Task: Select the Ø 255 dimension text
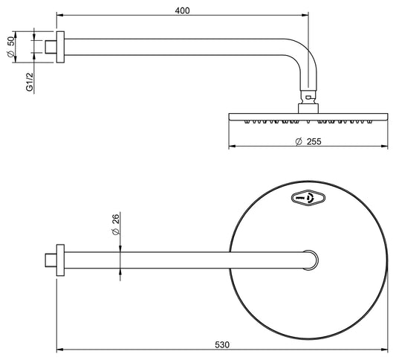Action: (x=306, y=141)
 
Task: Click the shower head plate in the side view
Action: (x=308, y=117)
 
